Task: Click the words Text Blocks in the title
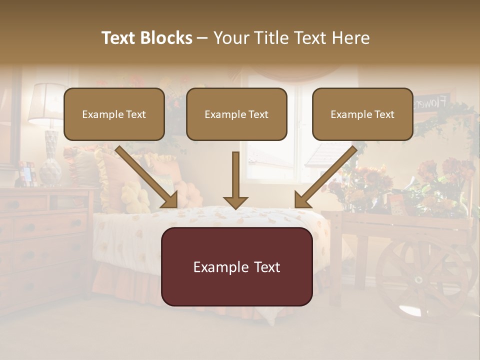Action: point(147,38)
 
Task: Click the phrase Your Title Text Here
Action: point(291,38)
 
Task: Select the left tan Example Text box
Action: point(114,114)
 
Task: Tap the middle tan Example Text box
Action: point(236,114)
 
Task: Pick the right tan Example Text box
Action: point(362,114)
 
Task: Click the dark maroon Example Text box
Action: point(236,267)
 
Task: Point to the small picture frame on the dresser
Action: point(26,173)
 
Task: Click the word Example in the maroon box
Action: point(215,267)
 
